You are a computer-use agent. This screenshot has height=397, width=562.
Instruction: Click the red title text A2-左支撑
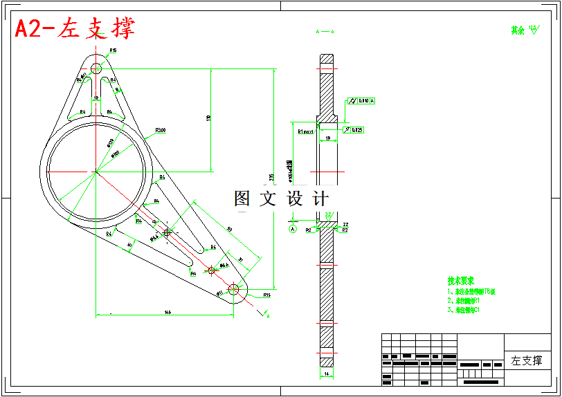pos(75,28)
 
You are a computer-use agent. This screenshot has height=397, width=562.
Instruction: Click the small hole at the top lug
pos(96,68)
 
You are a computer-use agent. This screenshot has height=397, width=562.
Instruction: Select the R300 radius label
pos(161,130)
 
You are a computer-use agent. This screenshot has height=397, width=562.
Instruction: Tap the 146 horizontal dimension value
pos(167,313)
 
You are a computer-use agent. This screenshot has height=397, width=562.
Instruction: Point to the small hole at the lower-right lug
pos(234,290)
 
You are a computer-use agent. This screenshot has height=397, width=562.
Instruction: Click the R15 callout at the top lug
pos(113,50)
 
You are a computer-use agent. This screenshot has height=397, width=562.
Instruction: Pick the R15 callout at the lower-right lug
pos(267,295)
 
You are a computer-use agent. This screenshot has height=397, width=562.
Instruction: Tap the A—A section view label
pos(325,32)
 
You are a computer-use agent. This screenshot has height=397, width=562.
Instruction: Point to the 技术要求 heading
pos(460,281)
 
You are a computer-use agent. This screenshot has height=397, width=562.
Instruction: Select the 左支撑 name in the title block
pos(527,360)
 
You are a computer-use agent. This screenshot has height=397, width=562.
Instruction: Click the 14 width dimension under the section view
pos(325,373)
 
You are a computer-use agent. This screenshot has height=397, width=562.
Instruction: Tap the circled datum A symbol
pos(292,228)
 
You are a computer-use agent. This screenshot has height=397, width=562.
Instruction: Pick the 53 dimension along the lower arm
pos(228,228)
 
